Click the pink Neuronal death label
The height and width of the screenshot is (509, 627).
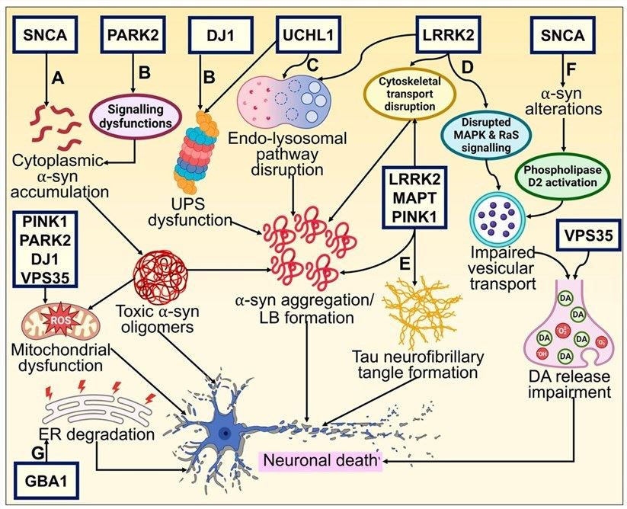click(x=319, y=459)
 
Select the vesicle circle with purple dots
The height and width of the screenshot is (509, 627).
click(x=498, y=217)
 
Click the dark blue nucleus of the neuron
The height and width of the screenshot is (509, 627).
click(x=225, y=432)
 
